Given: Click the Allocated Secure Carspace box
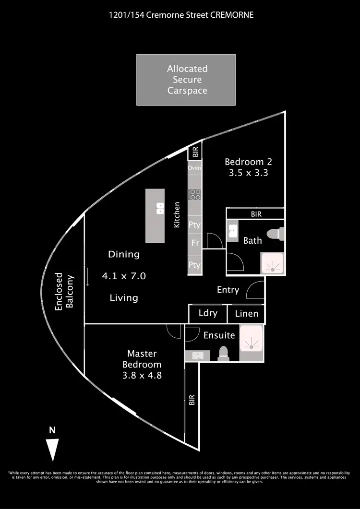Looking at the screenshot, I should tap(186, 80).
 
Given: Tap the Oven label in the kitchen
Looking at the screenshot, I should tap(194, 168).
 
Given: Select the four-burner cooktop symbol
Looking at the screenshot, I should tap(195, 194).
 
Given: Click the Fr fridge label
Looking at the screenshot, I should tap(195, 243).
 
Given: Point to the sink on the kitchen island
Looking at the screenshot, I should tap(159, 209).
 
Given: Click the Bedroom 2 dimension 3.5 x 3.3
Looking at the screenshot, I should tap(246, 173).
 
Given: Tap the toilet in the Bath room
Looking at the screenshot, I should tap(275, 234).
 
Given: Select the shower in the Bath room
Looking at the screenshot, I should tap(272, 263).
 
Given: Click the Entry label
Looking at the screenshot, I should tap(228, 290).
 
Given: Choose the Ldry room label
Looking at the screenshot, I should tap(208, 313).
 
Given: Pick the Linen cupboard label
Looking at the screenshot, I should tap(246, 314).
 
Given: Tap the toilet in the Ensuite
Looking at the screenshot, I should tap(223, 354).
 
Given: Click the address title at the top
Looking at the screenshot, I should tap(180, 15).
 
